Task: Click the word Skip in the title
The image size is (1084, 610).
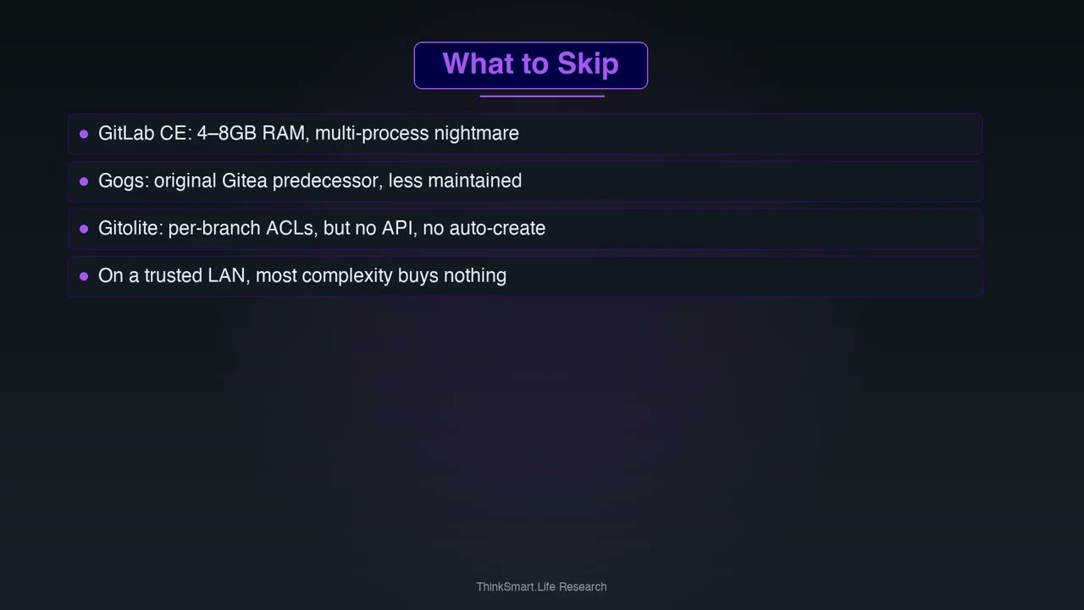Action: pos(588,64)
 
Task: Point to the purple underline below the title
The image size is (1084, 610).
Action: pos(542,97)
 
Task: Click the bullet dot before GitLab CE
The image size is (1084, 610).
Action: pos(84,134)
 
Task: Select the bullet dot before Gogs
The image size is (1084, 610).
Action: pos(84,181)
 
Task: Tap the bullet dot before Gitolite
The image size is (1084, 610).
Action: pos(84,229)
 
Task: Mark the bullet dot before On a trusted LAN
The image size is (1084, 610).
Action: pos(84,276)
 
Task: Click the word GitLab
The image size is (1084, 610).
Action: pos(126,133)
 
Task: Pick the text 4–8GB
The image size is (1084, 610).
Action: pos(226,133)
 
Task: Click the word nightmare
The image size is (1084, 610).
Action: pos(476,133)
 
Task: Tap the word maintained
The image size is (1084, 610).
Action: pos(475,180)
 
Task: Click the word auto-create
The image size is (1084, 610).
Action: pos(497,228)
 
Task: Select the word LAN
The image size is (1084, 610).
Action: pos(229,275)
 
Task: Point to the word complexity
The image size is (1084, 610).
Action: pos(347,276)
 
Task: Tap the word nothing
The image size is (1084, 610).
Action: pos(475,276)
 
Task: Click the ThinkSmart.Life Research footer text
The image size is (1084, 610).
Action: pos(541,587)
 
